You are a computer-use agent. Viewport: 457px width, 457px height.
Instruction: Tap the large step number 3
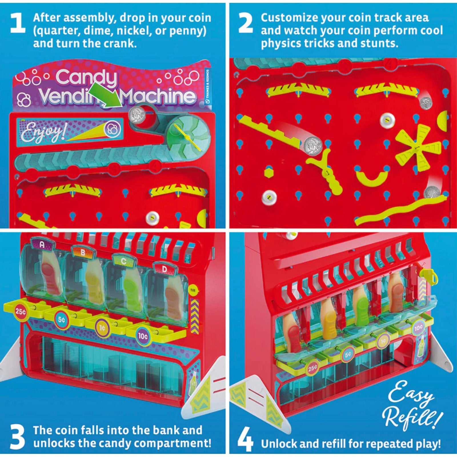click(x=17, y=437)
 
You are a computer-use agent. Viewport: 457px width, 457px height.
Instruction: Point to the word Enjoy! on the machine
click(x=43, y=132)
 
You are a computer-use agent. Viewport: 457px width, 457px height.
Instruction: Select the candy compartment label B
click(x=83, y=252)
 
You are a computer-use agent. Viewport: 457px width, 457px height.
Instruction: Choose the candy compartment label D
click(x=164, y=269)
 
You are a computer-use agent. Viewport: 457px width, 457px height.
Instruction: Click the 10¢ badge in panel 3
click(x=143, y=336)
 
